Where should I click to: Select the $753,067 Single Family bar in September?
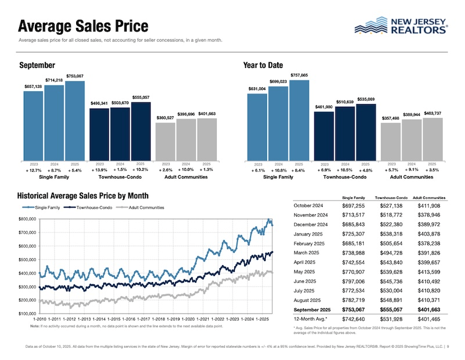pyautogui.click(x=75, y=120)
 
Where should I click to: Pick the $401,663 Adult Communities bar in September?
pyautogui.click(x=207, y=139)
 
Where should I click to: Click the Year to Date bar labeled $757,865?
pyautogui.click(x=299, y=120)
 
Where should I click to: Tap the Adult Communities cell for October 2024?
pyautogui.click(x=429, y=207)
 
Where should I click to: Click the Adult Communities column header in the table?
pyautogui.click(x=429, y=198)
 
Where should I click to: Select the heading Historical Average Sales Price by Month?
pyautogui.click(x=83, y=195)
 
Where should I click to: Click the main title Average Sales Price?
pyautogui.click(x=83, y=26)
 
